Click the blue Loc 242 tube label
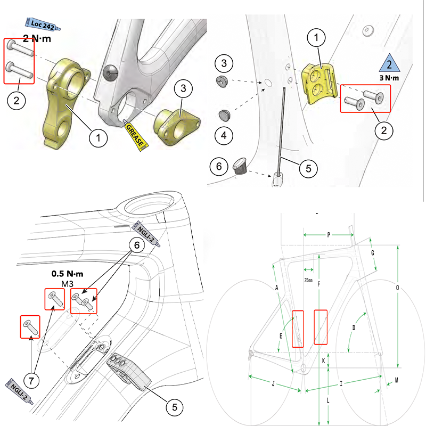pos(42,24)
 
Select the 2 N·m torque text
pos(38,38)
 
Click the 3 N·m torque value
pos(390,79)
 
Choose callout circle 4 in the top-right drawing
pos(225,135)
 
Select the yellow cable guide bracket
pos(319,82)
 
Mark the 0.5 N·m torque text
pos(68,273)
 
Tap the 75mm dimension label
pos(308,280)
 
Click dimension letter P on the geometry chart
pos(329,234)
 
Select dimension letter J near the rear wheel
pos(273,383)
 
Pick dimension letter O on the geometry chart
pos(398,288)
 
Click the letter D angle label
pos(353,327)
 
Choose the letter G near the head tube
pos(373,252)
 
